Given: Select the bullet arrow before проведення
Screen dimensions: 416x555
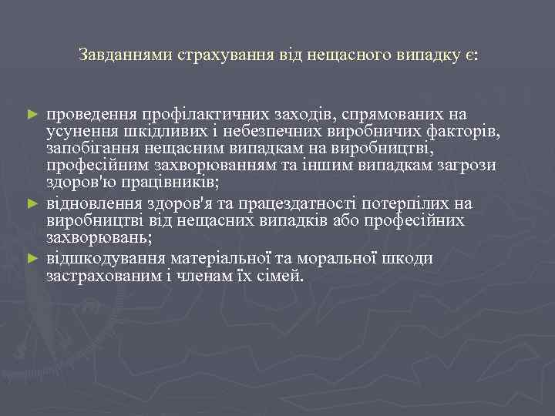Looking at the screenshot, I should (32, 113).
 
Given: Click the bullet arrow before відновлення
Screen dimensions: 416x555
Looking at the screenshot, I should (32, 203).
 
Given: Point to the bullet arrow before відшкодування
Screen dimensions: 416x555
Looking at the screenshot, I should (32, 257).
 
